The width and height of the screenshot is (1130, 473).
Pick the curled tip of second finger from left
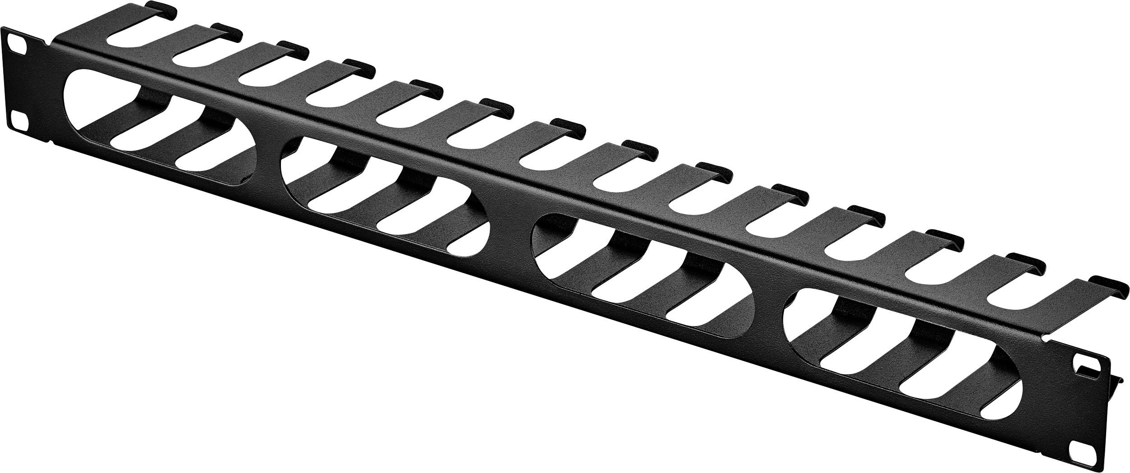tap(228, 29)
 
